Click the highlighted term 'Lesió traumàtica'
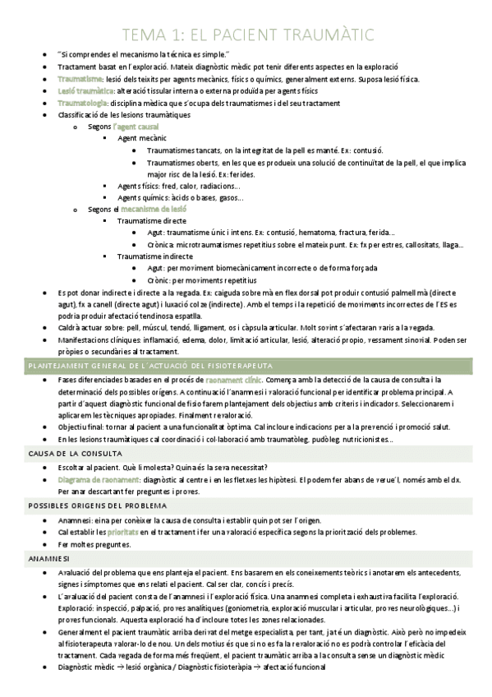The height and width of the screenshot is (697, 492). click(85, 91)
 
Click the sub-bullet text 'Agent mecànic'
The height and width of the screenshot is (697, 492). click(143, 139)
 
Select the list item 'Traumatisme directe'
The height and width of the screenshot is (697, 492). click(153, 222)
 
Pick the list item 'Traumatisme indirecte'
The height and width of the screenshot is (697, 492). click(156, 257)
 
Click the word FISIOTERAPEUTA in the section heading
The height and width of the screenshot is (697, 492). click(238, 364)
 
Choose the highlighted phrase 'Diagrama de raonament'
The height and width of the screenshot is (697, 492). click(97, 479)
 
